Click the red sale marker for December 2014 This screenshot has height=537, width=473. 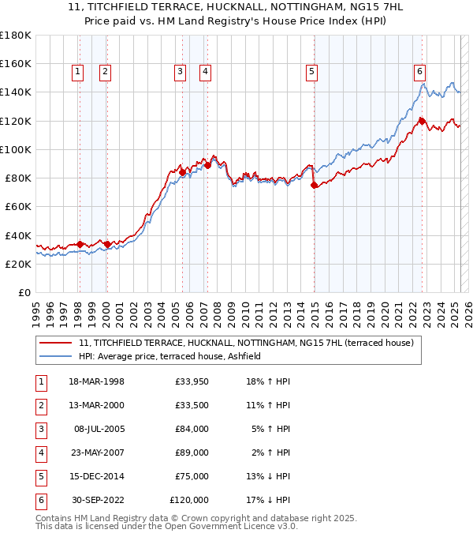tap(315, 185)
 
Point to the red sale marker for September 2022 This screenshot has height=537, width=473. tap(422, 121)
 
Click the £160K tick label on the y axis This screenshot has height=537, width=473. tap(16, 63)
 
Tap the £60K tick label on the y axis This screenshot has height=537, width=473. tap(18, 206)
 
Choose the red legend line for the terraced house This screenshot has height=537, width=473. tap(55, 343)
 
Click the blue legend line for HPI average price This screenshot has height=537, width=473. tap(55, 356)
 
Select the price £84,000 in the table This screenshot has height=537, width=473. tap(192, 430)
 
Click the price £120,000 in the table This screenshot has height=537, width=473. tap(189, 501)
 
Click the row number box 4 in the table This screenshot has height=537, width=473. tap(39, 453)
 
